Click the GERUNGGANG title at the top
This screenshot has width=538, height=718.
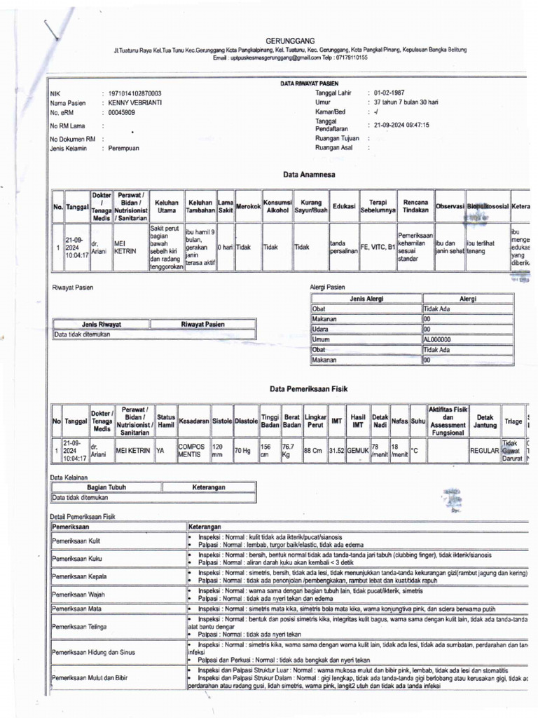290,41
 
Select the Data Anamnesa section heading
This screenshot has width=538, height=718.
309,174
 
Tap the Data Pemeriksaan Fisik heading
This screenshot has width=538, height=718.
309,388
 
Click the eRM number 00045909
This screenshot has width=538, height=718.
122,111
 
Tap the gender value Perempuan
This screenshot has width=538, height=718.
124,149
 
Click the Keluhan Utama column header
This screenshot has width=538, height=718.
167,206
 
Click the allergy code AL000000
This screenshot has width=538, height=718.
438,339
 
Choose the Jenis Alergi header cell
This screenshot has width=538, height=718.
366,299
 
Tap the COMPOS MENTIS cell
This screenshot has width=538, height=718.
193,449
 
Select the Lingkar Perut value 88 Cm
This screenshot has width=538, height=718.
314,450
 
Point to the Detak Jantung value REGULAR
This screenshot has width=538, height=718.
484,450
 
